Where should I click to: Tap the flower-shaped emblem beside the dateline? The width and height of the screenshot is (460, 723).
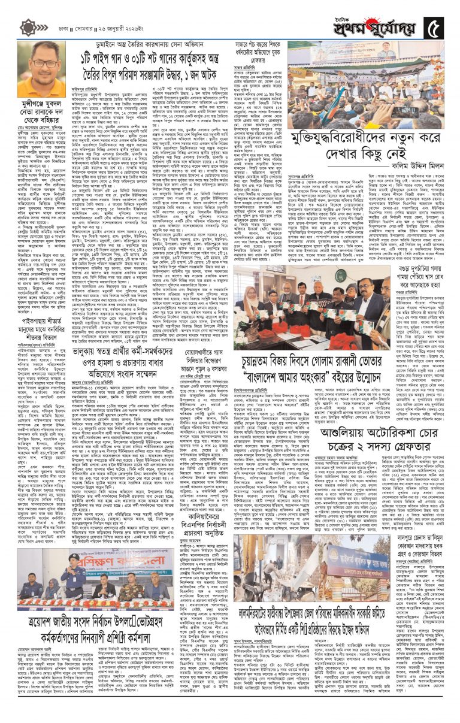(x=28, y=28)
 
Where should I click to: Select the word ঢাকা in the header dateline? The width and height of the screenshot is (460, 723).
(x=57, y=29)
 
